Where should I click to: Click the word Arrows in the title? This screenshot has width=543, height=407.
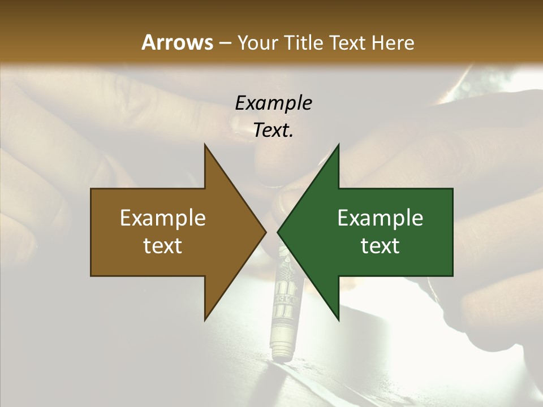(177, 42)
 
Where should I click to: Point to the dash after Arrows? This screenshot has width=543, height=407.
(225, 43)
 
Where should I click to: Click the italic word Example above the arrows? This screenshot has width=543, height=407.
(273, 103)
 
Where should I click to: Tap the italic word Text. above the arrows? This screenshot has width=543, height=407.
(273, 130)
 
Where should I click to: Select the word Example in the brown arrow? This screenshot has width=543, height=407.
(162, 218)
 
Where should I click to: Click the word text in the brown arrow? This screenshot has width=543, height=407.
(162, 245)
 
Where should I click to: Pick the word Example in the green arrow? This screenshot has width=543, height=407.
(380, 218)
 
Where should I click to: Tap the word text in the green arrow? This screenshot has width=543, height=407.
(380, 245)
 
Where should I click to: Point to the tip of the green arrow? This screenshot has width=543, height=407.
(278, 232)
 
